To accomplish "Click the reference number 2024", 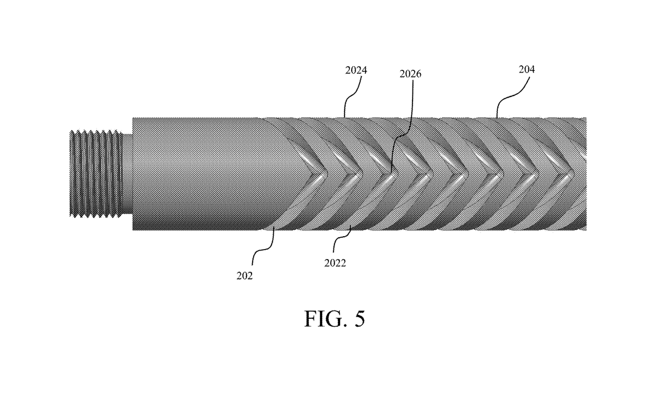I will (356, 70).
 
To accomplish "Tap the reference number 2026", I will (410, 74).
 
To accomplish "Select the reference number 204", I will (526, 70).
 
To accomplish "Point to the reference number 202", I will (244, 275).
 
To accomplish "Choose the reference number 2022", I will (334, 263).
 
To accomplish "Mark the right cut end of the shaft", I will (585, 173).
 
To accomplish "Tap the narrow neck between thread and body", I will (127, 173).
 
